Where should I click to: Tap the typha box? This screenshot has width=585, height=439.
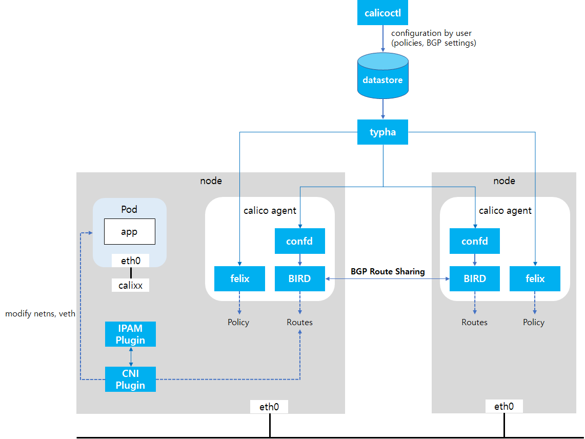pos(382,132)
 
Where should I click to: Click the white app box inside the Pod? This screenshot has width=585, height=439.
pos(129,232)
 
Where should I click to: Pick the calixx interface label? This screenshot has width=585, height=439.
pos(130,286)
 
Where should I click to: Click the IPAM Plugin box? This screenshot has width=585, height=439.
pos(130,334)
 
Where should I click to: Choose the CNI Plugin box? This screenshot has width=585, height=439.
pos(130,379)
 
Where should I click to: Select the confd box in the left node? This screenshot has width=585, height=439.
pos(300,241)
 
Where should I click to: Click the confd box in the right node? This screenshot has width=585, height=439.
pos(475,241)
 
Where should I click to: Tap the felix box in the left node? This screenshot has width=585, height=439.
pos(239,278)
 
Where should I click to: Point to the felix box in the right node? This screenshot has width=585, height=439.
pos(535,278)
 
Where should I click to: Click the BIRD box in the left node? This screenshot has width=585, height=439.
pos(300,278)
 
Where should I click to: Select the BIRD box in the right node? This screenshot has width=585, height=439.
pos(475,278)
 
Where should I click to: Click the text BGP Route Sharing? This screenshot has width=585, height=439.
pos(388,271)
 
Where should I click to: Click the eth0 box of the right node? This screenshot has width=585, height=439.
pos(504,407)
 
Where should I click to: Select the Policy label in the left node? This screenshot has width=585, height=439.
pos(238,322)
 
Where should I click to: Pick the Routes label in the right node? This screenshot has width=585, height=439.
pos(474,322)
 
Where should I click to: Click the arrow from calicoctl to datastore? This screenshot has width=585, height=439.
pos(382,38)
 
